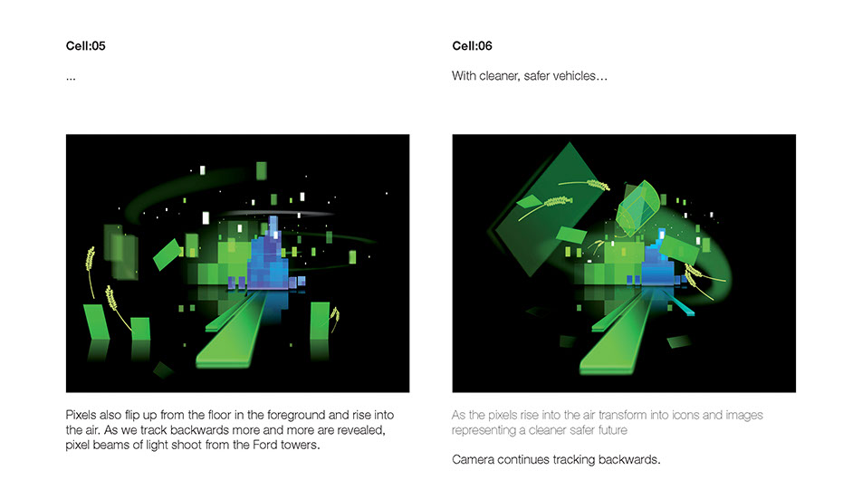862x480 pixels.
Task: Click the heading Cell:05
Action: point(85,46)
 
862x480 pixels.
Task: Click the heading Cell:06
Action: point(472,46)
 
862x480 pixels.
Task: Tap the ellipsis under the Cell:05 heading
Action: point(71,79)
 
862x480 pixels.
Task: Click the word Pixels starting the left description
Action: point(81,415)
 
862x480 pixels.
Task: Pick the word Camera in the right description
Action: point(473,459)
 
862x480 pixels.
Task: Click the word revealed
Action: point(363,430)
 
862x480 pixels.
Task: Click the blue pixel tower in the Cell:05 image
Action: point(268,258)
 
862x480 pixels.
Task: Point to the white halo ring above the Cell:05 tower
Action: point(279,213)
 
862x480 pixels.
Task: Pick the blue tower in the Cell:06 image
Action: point(658,264)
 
